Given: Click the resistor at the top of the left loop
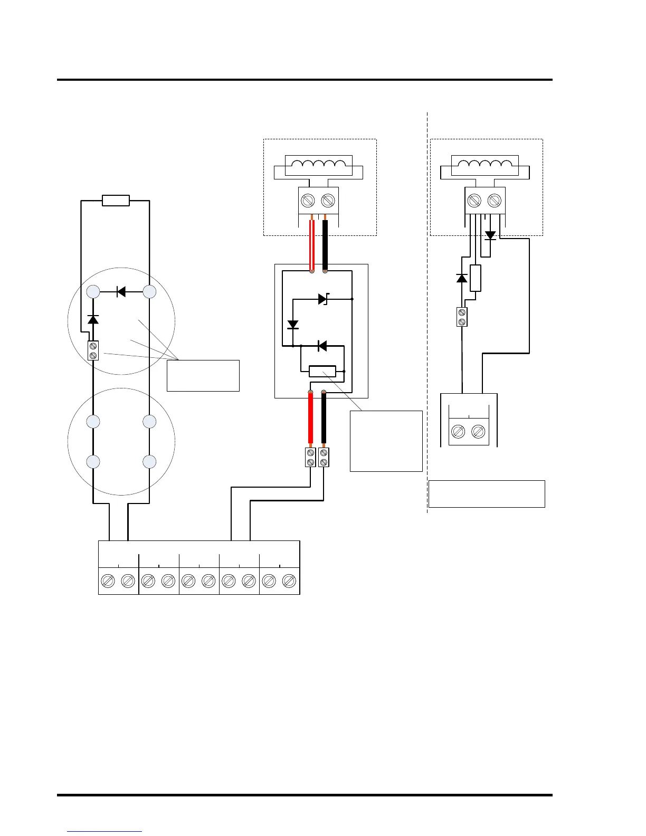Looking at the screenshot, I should pos(116,201).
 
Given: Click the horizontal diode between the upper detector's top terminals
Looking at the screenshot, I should pos(121,291).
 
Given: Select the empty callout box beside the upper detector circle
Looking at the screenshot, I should pos(203,376).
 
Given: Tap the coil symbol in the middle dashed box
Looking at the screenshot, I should pos(318,165).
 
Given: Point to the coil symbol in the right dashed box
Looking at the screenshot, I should pos(485,165).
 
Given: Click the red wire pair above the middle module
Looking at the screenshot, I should pos(312,244).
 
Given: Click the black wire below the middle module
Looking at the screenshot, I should pos(324,420).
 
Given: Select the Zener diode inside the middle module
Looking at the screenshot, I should pos(323,299).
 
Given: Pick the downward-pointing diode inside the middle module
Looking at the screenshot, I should pos(292,324).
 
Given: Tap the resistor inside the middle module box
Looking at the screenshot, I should pos(322,372).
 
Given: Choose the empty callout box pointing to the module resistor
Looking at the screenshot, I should pos(386,441).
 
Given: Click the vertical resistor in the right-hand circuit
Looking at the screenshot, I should pos(476,278).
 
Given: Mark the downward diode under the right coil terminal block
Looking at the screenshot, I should pos(490,235).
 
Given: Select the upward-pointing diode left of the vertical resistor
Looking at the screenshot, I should pos(462,278).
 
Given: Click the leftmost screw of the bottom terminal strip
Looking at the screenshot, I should pos(108,581).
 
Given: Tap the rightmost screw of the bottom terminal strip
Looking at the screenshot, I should pos(289,581).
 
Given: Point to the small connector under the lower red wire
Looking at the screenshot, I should pos(311,457).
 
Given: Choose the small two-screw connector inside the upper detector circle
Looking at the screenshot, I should pos(93,350).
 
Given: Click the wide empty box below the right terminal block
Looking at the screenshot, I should pos(487,494).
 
